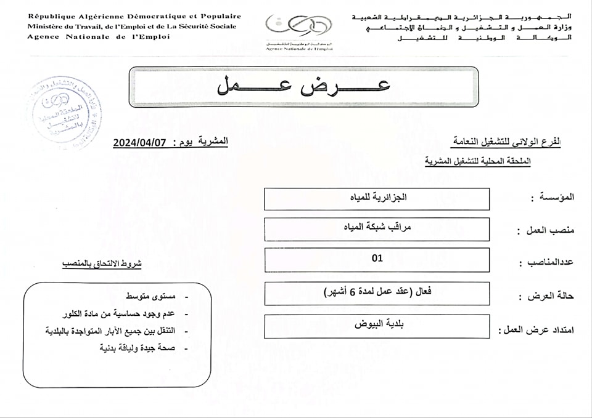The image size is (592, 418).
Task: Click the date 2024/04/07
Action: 140,142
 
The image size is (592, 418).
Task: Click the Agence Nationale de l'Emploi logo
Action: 298,30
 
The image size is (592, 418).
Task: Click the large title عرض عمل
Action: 303,87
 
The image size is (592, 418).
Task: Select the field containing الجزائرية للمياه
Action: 377,198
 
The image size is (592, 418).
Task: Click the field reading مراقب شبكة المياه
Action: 377,228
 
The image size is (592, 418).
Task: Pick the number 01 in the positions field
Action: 377,259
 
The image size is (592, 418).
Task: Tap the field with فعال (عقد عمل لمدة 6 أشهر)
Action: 377,292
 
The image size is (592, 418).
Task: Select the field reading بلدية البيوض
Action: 377,325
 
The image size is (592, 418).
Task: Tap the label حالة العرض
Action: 551,296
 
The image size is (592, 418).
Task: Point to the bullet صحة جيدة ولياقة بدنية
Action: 138,348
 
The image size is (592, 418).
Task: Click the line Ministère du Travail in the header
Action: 131,26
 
